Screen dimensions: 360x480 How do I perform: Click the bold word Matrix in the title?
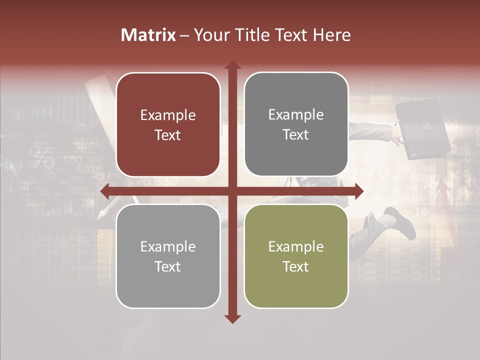(148, 35)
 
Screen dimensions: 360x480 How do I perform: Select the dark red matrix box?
(168, 124)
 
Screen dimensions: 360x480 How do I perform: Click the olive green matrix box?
(296, 256)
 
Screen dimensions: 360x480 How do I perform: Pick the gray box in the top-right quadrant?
(296, 124)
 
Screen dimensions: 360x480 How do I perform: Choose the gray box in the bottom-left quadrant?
(168, 256)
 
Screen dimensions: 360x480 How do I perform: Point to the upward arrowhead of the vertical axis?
(232, 65)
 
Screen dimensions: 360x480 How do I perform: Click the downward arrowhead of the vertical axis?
(232, 318)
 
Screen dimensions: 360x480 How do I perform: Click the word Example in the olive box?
(296, 246)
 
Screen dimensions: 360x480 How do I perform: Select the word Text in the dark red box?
(168, 135)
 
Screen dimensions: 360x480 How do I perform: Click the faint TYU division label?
(417, 86)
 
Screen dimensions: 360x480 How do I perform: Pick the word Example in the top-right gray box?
(296, 114)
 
